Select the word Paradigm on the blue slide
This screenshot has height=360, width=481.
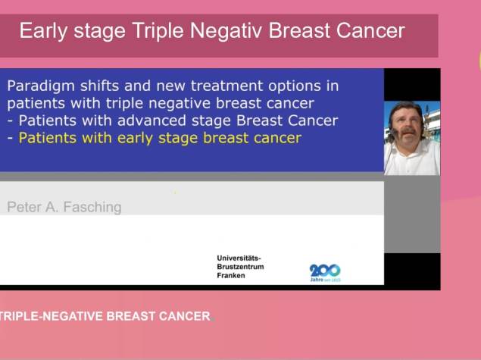click(41, 86)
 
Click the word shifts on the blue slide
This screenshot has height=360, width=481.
click(100, 86)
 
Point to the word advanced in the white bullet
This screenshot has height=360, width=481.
click(151, 121)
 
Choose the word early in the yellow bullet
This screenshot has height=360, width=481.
click(135, 139)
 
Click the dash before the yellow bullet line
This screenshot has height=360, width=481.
click(10, 139)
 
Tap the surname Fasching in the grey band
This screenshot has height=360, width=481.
click(92, 207)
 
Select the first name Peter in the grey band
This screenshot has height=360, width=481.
click(24, 207)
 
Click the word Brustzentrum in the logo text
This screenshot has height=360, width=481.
click(240, 266)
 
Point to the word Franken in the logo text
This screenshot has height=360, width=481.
click(231, 275)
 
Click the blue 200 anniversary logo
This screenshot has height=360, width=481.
click(325, 273)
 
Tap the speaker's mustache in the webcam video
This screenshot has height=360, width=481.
click(409, 130)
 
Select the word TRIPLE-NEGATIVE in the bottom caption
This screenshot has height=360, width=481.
click(52, 316)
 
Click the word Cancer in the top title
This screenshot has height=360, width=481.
click(370, 30)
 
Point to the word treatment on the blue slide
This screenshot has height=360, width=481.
click(226, 86)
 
